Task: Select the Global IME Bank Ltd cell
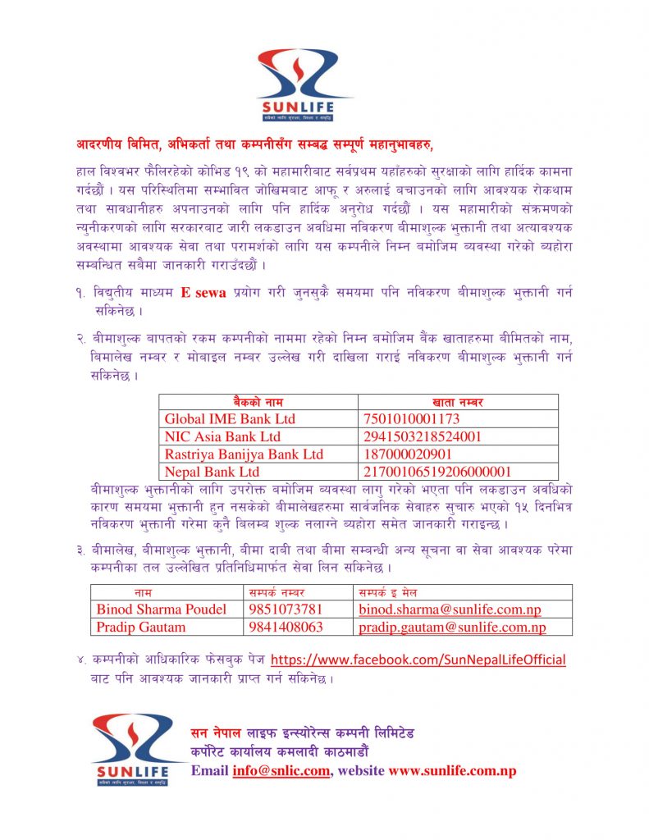point(230,419)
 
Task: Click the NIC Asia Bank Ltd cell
point(222,436)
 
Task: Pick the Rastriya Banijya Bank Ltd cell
point(244,454)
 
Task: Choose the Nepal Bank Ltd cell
point(212,472)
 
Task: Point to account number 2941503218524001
point(422,436)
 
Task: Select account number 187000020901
point(407,454)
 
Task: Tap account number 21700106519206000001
point(436,472)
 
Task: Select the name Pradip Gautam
point(141,628)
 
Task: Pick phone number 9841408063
point(286,628)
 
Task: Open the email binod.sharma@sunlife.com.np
point(450,609)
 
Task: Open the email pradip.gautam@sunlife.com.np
point(452,628)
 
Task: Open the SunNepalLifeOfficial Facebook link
point(418,660)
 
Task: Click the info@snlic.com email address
point(281,771)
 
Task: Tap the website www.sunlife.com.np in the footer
point(452,771)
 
